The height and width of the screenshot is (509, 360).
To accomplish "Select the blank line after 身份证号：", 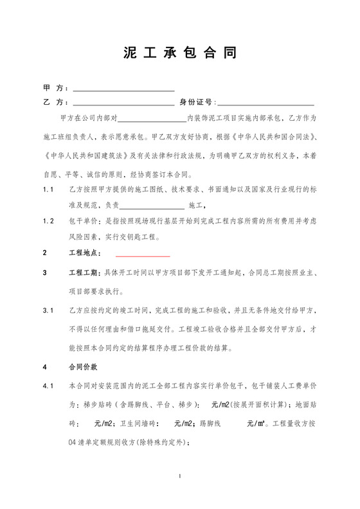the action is coord(267,103).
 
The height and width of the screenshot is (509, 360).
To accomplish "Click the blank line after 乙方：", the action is coord(123,103).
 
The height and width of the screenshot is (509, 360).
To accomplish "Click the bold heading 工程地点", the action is coord(85,253).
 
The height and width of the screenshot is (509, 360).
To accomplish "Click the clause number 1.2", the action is coord(48,220).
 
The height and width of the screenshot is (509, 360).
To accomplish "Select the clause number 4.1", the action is coord(48,386).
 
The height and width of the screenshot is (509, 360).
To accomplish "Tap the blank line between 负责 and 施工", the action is coord(152,206).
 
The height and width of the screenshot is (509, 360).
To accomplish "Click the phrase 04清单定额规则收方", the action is coord(103,443).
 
